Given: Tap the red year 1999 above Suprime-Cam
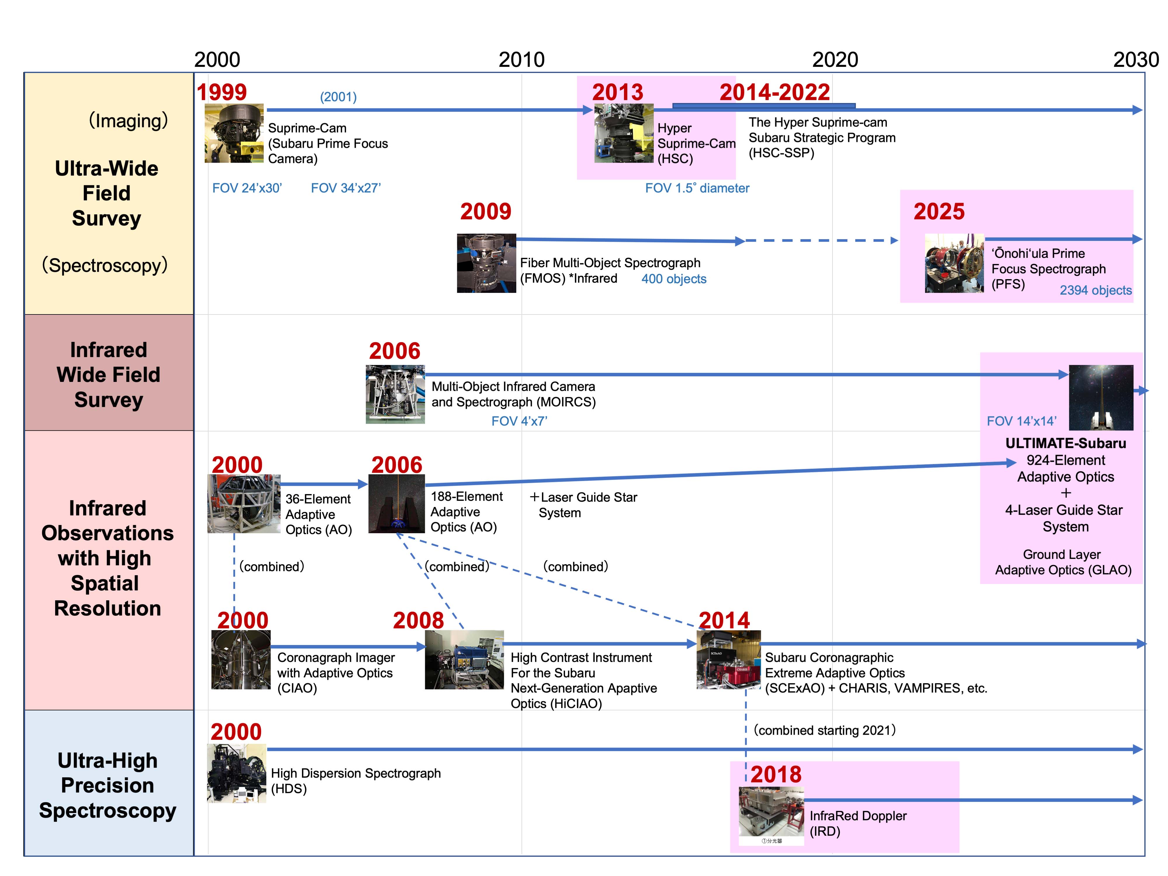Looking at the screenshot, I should [222, 92].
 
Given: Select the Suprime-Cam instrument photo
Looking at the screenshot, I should [234, 133].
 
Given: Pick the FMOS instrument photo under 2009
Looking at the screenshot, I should [486, 263].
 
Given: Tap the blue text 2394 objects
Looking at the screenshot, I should [1096, 291].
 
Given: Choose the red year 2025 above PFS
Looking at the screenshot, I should [939, 212].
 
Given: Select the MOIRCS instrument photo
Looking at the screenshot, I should [395, 394].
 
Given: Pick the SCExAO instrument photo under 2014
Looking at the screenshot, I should [729, 660].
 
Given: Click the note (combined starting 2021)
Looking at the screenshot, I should [824, 730].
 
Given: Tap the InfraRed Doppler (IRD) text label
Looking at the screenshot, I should [858, 823].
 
